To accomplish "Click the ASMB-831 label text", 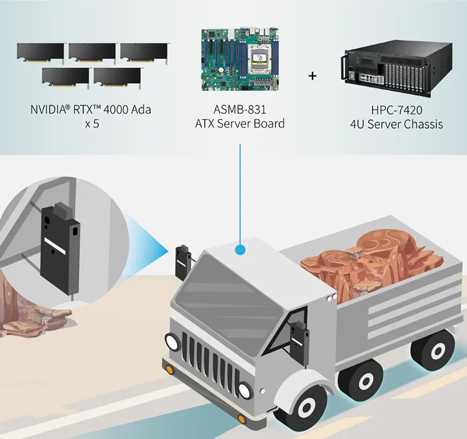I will tap(240, 110).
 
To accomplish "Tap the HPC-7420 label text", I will tap(397, 110).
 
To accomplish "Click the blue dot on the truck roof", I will tap(240, 250).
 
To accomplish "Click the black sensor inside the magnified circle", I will tap(57, 240).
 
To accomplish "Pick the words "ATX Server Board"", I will tap(240, 123).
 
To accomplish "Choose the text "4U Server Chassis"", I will tap(397, 124).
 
